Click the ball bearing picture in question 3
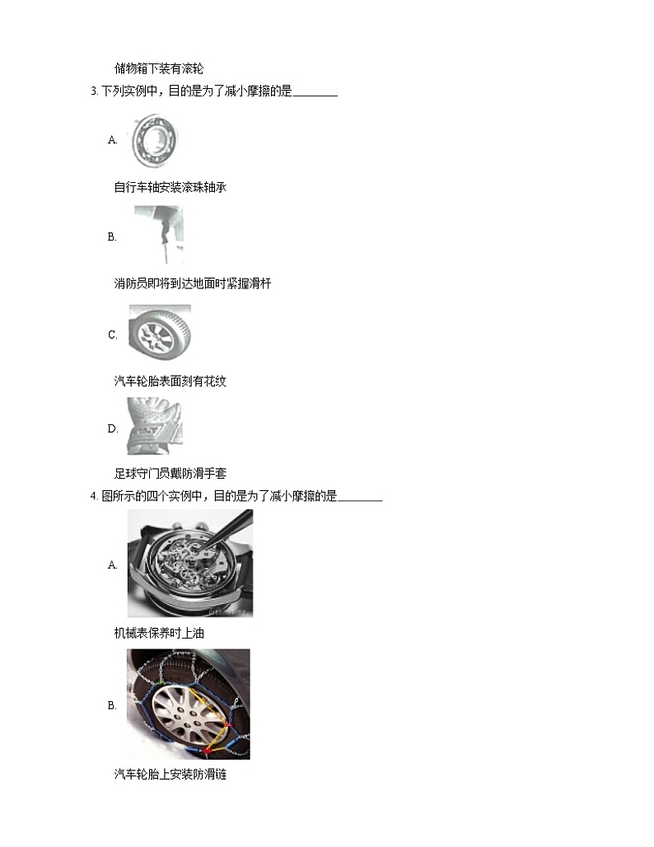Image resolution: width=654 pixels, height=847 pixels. (155, 140)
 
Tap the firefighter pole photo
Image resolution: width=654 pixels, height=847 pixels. (158, 236)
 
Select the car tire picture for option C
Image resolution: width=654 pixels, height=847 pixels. (159, 335)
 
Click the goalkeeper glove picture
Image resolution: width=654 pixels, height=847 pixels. (155, 427)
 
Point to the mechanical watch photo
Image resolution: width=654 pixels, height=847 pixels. (190, 564)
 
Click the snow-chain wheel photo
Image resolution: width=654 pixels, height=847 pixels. (189, 704)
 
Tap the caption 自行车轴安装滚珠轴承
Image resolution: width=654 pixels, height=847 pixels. (171, 187)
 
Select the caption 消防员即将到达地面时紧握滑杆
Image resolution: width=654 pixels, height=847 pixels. (192, 283)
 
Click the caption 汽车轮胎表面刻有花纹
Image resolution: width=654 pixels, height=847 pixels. (171, 381)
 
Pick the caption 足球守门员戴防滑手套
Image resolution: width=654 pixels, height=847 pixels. (171, 474)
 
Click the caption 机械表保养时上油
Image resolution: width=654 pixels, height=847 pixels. (159, 633)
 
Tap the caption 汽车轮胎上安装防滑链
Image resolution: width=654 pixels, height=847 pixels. (171, 774)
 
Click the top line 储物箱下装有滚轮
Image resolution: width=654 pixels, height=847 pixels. (159, 68)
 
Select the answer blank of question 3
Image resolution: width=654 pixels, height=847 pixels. (315, 96)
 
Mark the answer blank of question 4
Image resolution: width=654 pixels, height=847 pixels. (360, 500)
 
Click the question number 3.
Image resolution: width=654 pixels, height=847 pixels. (94, 91)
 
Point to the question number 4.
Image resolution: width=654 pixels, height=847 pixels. (94, 496)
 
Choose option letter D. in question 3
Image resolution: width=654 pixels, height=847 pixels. (113, 429)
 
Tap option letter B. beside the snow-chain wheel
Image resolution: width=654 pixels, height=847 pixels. (112, 705)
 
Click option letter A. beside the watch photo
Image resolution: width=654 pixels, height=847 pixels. (112, 565)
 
